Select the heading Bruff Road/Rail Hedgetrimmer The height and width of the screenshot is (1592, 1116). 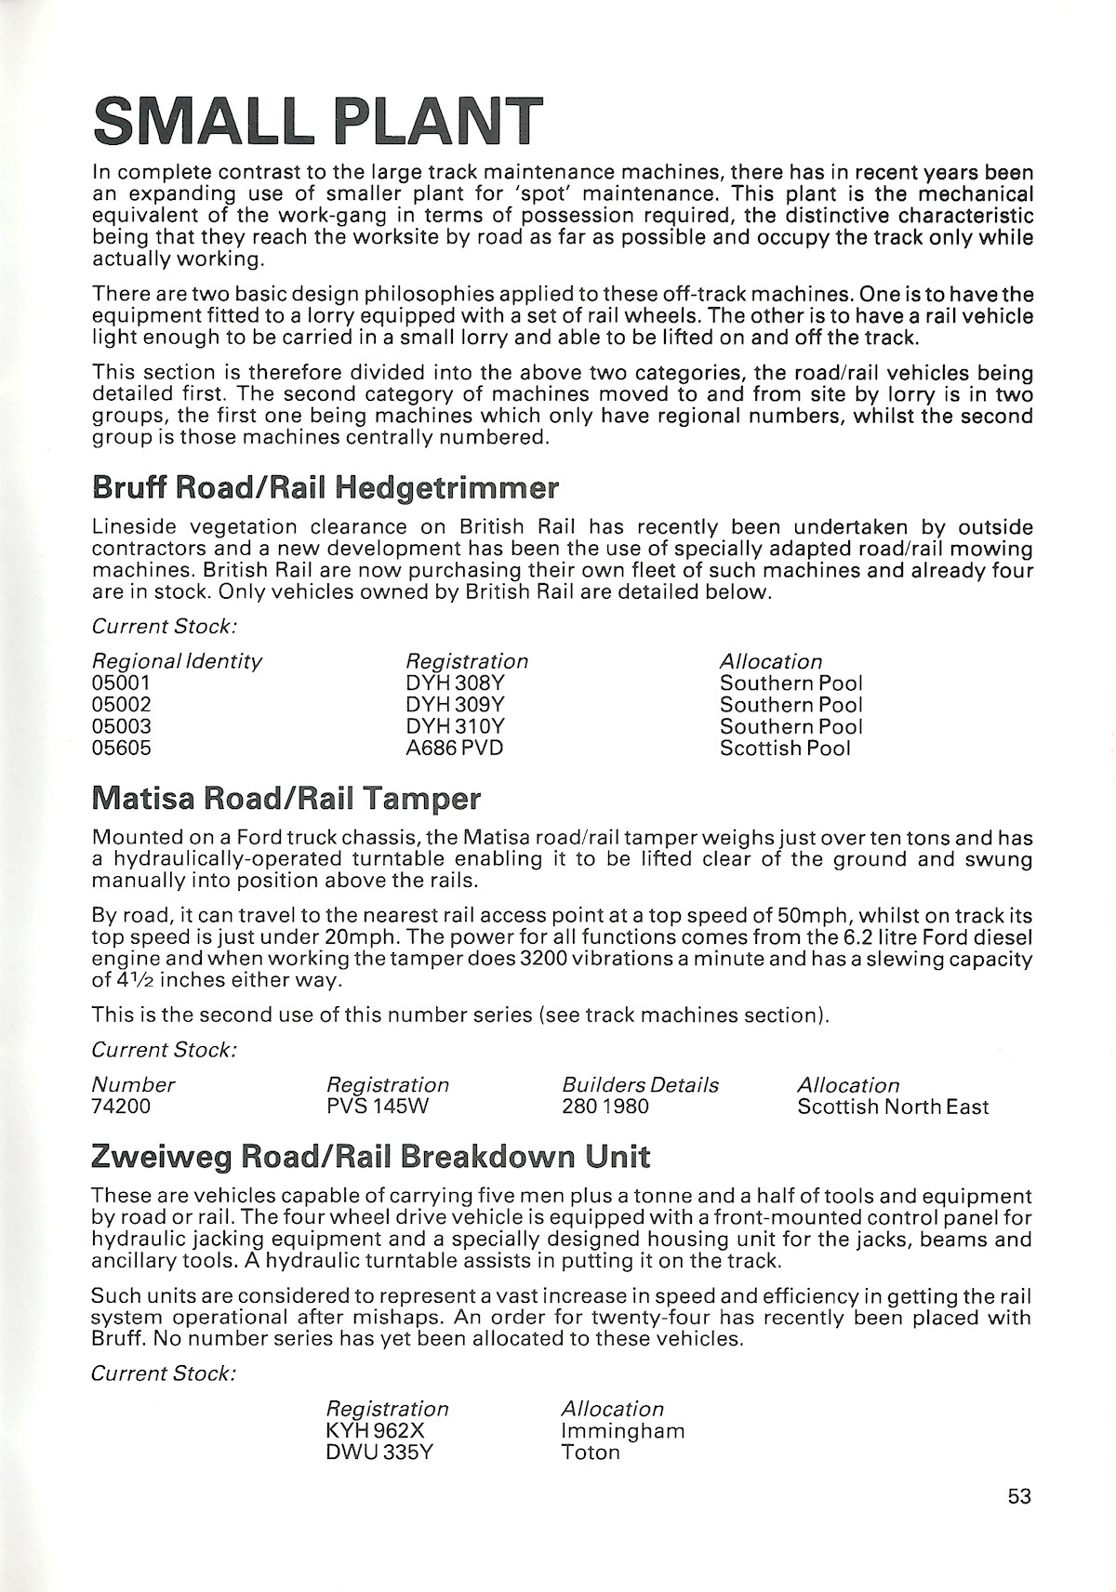tap(325, 487)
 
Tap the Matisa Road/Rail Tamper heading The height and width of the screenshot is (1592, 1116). tap(286, 798)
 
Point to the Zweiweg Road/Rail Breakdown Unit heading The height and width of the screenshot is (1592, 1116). tap(370, 1157)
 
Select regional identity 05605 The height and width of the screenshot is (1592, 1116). tap(122, 749)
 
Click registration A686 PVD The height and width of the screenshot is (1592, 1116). tap(455, 749)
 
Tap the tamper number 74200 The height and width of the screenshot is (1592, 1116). tap(121, 1107)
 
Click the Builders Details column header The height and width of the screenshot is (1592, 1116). tap(640, 1085)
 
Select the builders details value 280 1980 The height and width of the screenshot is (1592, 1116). tap(605, 1107)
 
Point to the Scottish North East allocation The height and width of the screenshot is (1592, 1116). tap(893, 1107)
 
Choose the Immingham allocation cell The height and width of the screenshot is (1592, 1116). tap(623, 1430)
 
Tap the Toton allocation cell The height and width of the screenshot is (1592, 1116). tap(591, 1453)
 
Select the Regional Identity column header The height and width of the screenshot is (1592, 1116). tap(177, 661)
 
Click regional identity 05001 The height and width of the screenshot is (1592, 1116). tap(122, 683)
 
